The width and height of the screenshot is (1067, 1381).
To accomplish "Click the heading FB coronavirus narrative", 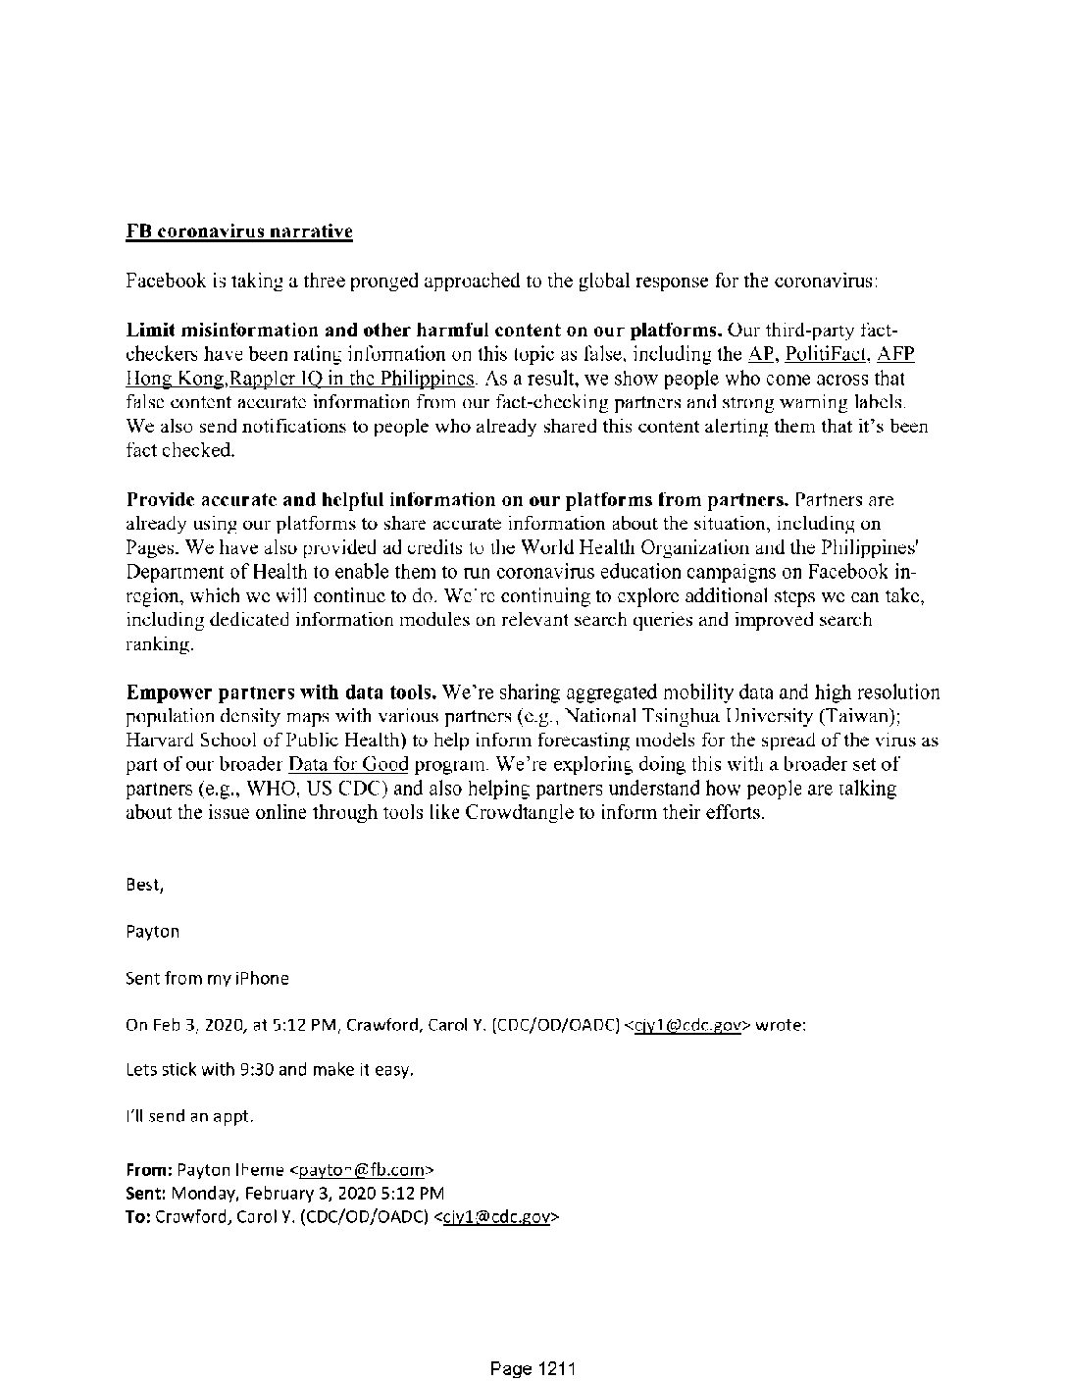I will coord(239,231).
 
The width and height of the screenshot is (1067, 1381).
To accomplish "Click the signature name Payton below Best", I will coord(153,931).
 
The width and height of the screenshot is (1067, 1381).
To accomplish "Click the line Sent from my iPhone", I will coord(208,978).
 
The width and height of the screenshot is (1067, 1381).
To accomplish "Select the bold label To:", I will coord(139,1216).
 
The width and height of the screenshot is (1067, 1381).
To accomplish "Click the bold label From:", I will coord(149,1169).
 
